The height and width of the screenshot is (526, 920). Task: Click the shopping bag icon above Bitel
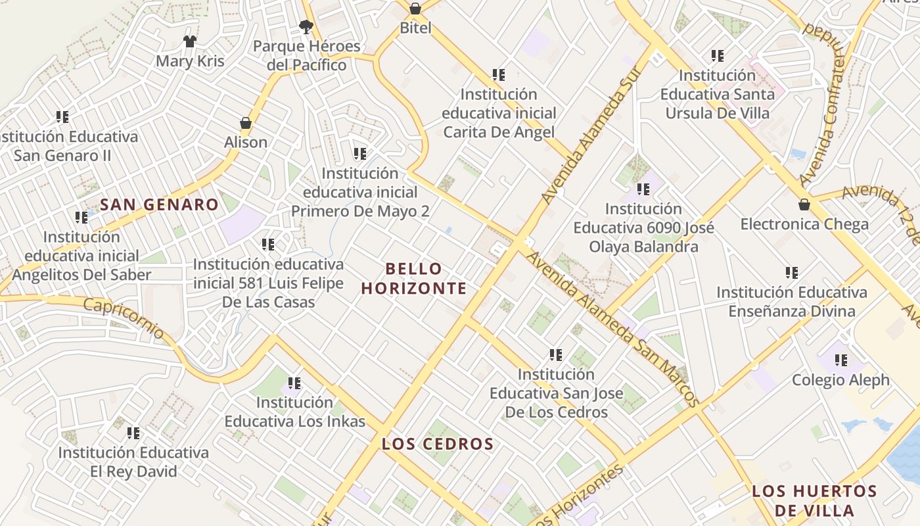pyautogui.click(x=415, y=9)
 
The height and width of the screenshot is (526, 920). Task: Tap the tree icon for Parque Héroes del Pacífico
pyautogui.click(x=306, y=26)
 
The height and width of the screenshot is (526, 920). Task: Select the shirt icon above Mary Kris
pyautogui.click(x=190, y=41)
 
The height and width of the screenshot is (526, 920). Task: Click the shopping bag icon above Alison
pyautogui.click(x=246, y=123)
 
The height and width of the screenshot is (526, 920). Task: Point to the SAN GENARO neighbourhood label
pyautogui.click(x=159, y=204)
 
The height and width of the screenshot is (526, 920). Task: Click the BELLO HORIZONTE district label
pyautogui.click(x=414, y=278)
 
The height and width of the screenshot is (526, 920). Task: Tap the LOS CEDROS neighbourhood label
pyautogui.click(x=438, y=444)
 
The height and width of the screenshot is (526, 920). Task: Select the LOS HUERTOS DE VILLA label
pyautogui.click(x=814, y=500)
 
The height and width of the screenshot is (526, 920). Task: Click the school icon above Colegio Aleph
pyautogui.click(x=840, y=360)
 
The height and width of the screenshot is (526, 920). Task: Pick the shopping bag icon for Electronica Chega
pyautogui.click(x=804, y=204)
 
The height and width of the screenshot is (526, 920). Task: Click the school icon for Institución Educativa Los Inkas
pyautogui.click(x=294, y=383)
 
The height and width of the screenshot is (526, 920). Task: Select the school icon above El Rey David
pyautogui.click(x=133, y=433)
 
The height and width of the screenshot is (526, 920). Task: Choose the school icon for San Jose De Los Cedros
pyautogui.click(x=556, y=355)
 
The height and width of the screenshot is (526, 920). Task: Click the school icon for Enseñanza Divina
pyautogui.click(x=792, y=272)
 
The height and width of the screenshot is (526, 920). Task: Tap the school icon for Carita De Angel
pyautogui.click(x=499, y=75)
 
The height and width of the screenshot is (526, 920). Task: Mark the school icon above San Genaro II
pyautogui.click(x=62, y=117)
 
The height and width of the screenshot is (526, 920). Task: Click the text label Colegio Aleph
pyautogui.click(x=840, y=380)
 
